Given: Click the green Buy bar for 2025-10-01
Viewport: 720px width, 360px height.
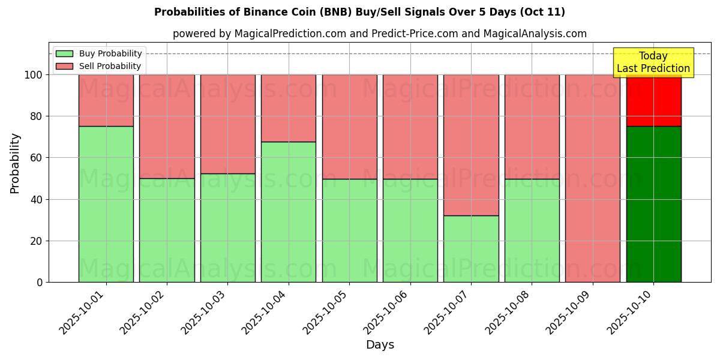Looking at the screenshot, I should pos(106,204).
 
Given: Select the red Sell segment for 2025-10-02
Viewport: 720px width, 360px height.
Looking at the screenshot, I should pos(167,126).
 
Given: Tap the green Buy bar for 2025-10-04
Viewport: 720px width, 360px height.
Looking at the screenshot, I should pos(289,212).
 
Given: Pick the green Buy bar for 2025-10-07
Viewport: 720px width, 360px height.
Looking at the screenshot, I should pos(471,248).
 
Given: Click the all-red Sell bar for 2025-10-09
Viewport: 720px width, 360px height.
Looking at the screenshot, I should pos(593,178).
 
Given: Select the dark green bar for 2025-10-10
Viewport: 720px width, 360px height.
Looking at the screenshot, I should pos(653,204).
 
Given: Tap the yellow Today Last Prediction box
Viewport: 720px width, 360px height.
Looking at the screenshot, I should pos(653,62).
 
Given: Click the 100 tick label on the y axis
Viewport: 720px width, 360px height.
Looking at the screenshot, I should pos(33,75).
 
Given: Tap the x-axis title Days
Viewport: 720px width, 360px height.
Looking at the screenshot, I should pos(380,345).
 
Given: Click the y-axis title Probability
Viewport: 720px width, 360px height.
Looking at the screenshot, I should pos(15,163).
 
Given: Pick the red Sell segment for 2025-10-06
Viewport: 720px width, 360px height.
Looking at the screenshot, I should pos(410,126).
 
